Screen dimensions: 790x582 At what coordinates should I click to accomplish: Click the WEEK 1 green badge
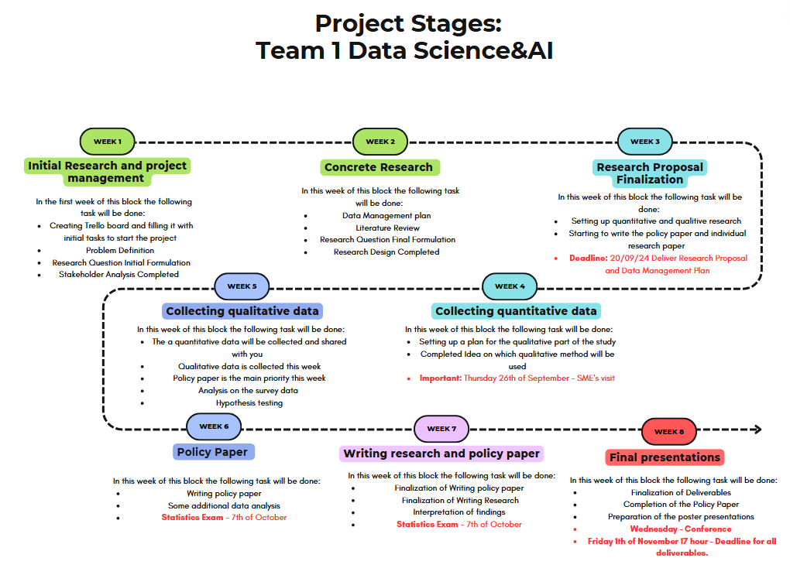click(108, 142)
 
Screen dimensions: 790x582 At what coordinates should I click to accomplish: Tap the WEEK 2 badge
click(380, 142)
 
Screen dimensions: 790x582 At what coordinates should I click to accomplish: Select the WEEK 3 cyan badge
click(645, 142)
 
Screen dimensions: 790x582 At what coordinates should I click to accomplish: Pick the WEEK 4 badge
click(510, 286)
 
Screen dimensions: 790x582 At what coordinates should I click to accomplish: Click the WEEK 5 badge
click(242, 286)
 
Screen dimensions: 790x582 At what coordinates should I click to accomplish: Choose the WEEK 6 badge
click(214, 426)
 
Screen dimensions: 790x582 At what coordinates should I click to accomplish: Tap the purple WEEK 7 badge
click(441, 429)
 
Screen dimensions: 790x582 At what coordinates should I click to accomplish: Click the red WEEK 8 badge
click(669, 431)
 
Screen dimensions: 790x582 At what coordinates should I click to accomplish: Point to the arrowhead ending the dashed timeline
click(757, 430)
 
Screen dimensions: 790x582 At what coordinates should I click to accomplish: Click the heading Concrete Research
click(379, 167)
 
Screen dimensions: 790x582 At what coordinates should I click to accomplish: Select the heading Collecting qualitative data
click(242, 311)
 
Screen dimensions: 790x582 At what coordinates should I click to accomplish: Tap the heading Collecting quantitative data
click(516, 311)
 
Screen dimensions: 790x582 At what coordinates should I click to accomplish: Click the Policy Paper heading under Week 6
click(213, 452)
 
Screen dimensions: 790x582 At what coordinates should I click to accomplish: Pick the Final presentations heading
click(665, 457)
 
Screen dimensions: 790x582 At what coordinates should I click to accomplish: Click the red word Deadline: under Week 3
click(589, 258)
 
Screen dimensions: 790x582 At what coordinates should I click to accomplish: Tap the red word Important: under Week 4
click(441, 378)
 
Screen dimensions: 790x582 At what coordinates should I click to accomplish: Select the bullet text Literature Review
click(387, 228)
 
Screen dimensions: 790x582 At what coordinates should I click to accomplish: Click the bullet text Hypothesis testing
click(249, 402)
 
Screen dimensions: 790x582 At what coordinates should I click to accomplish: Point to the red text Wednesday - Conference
click(681, 529)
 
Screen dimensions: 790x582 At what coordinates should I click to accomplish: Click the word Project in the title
click(360, 24)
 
